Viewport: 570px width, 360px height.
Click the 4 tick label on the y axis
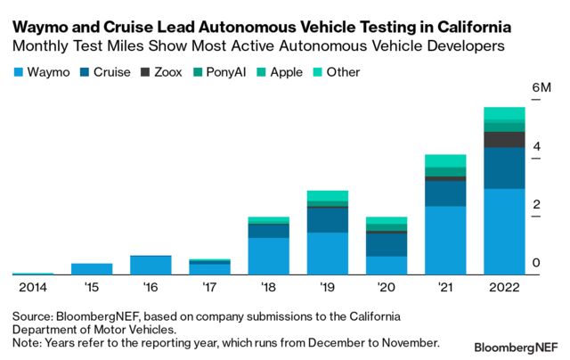coord(536,146)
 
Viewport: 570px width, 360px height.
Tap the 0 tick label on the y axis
coord(536,263)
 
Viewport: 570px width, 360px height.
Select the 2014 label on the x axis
coord(33,287)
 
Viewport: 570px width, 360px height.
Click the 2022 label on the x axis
coord(504,287)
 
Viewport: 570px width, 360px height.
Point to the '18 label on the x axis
coord(268,287)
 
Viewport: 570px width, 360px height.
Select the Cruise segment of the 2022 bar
coord(504,168)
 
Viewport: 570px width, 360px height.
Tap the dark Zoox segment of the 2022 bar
coord(504,139)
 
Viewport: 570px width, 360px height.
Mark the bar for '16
coord(151,265)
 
